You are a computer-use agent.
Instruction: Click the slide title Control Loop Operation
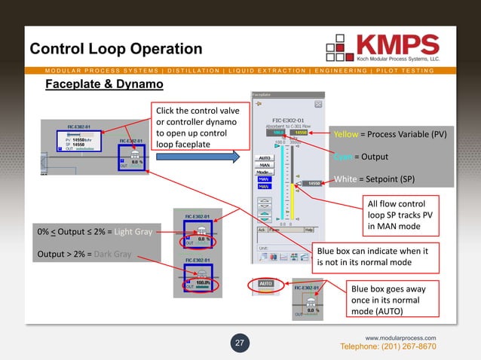coord(116,49)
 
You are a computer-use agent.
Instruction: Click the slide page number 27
coord(240,343)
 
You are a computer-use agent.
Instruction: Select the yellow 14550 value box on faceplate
coord(302,133)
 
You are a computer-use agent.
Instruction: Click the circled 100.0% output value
coord(202,284)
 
